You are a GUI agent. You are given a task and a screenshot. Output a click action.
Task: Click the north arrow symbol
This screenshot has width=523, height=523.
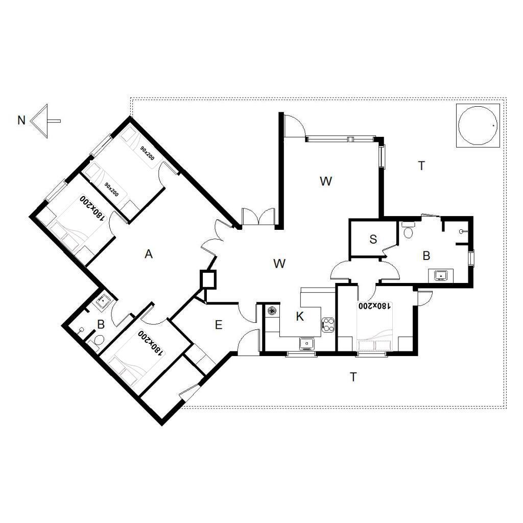pyautogui.click(x=45, y=121)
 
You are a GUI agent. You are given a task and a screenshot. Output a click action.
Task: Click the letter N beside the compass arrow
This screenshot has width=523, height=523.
pyautogui.click(x=21, y=120)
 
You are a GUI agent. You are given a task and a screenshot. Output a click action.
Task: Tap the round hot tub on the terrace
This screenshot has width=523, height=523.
pyautogui.click(x=478, y=125)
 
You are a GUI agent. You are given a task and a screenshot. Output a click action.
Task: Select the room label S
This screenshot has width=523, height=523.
pyautogui.click(x=373, y=239)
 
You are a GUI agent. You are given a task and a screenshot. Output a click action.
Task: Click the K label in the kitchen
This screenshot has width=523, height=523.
pyautogui.click(x=300, y=317)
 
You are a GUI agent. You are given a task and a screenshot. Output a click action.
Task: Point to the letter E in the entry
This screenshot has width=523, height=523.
pyautogui.click(x=219, y=324)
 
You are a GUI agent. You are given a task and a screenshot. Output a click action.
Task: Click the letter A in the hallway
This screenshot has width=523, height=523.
pyautogui.click(x=149, y=254)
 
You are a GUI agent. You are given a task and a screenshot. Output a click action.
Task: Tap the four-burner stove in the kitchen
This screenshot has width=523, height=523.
pyautogui.click(x=328, y=325)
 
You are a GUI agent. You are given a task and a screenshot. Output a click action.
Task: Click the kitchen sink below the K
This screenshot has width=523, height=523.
pyautogui.click(x=306, y=343)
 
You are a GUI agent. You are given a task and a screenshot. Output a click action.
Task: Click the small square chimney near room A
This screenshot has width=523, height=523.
pyautogui.click(x=208, y=279)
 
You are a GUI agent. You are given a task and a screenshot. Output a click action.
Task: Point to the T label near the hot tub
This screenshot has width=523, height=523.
pyautogui.click(x=421, y=165)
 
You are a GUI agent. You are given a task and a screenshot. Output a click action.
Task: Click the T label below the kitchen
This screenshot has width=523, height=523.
pyautogui.click(x=353, y=377)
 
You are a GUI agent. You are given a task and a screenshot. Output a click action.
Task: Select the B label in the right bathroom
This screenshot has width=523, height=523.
pyautogui.click(x=426, y=256)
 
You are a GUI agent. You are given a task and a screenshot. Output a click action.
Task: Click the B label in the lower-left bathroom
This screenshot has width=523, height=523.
pyautogui.click(x=101, y=324)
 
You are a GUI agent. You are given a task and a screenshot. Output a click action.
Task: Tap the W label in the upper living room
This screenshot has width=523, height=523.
pyautogui.click(x=326, y=181)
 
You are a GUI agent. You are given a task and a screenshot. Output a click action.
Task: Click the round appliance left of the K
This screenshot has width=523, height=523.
pyautogui.click(x=272, y=311)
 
